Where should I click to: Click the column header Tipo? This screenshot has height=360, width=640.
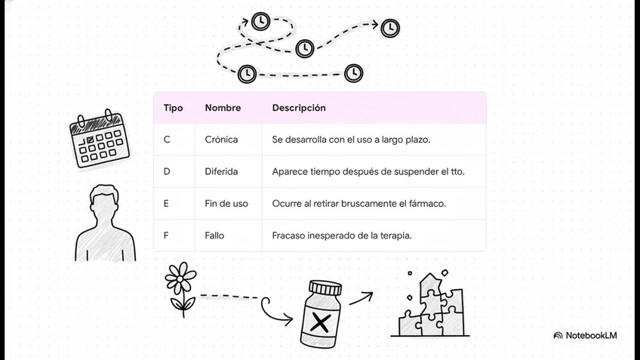pos(173,108)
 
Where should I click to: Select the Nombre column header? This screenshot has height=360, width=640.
pos(223,108)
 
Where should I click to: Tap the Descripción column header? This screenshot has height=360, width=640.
pos(299,108)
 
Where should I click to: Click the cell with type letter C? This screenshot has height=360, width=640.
pos(167,140)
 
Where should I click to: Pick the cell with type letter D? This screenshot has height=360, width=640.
pos(167,171)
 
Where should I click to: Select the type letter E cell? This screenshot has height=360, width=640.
pos(166,204)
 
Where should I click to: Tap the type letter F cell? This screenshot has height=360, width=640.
pos(166,235)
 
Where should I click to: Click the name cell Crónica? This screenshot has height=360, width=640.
pos(221,140)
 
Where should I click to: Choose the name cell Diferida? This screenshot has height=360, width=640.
pos(221,171)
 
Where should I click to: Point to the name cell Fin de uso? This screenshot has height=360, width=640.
pos(226,204)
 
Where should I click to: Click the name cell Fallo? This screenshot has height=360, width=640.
pos(214,235)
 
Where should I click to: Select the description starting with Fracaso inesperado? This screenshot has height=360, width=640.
pos(342,235)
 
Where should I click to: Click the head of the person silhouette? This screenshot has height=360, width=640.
pos(104,203)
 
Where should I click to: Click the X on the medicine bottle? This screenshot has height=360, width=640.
pos(321,324)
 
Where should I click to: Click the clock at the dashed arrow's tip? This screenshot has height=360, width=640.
pos(390,28)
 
